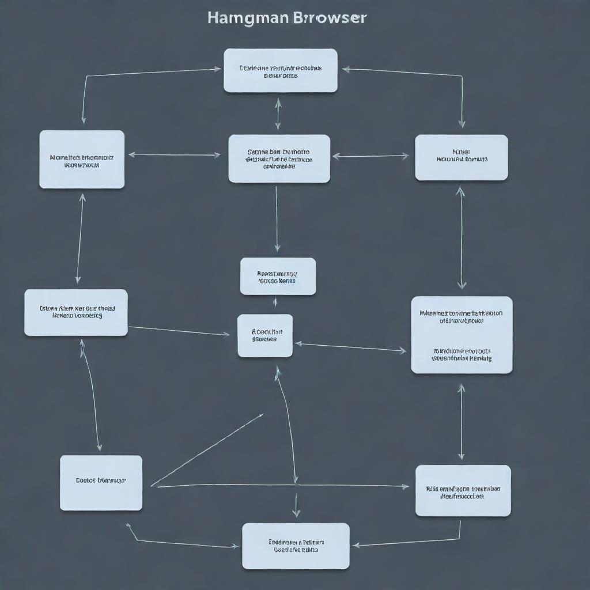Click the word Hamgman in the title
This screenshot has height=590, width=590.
[x=248, y=18]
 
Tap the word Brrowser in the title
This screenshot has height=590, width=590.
[x=330, y=18]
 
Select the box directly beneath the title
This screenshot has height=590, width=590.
[x=280, y=70]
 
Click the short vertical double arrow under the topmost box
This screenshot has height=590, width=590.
[x=278, y=114]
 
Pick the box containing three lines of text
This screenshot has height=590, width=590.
[x=279, y=158]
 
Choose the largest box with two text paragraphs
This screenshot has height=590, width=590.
[x=462, y=335]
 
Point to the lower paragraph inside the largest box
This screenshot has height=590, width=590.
[x=462, y=354]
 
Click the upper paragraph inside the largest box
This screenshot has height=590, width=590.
[x=461, y=317]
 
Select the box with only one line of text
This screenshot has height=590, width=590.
[x=101, y=483]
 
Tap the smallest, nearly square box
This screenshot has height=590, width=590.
[x=265, y=335]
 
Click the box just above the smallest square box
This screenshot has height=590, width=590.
[x=278, y=277]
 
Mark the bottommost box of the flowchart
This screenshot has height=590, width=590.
[x=296, y=546]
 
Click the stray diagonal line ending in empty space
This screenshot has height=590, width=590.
[x=207, y=449]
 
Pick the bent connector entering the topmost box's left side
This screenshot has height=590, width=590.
[x=115, y=74]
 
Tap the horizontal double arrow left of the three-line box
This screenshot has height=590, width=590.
[x=175, y=154]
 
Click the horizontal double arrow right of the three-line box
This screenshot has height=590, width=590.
[x=370, y=156]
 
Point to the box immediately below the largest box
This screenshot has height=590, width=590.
[x=463, y=490]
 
